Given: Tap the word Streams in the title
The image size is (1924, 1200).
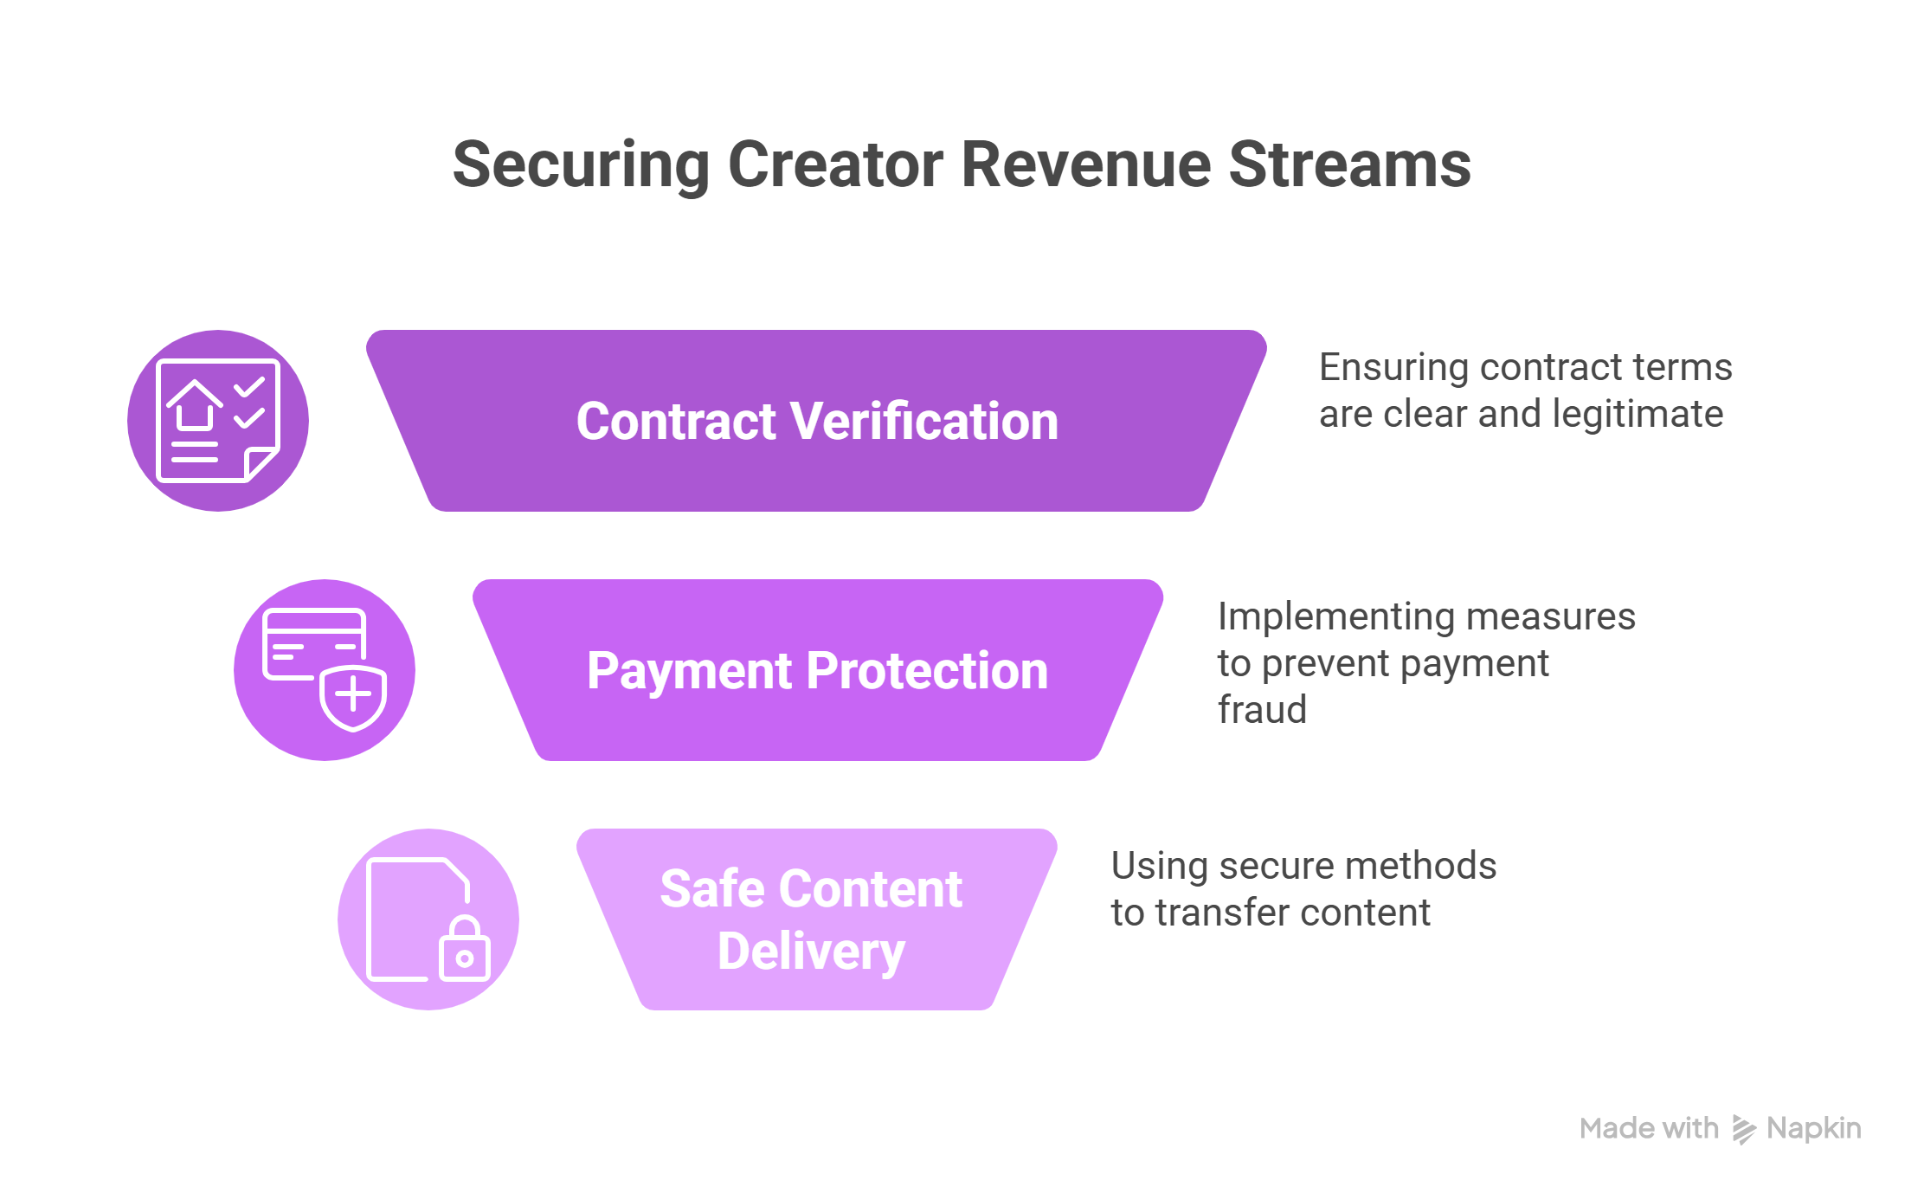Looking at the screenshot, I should coord(1349,165).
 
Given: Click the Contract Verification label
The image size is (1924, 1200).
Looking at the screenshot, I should coord(817,422).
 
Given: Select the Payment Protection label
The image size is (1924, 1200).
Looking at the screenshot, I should coord(817,671).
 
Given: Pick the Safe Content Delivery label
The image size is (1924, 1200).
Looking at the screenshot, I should coord(812,919).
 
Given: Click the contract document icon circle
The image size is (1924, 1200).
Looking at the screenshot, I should coord(218,421).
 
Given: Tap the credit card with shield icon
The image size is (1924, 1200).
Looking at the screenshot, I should coord(325,670).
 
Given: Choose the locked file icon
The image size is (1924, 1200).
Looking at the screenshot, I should coord(428,919).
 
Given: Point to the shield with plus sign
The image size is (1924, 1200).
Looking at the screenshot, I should coord(353,696).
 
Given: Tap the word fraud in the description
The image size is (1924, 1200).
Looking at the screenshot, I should coord(1262,710).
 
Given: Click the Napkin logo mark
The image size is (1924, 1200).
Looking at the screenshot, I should coord(1743,1129).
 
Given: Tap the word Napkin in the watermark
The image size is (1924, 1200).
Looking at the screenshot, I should coord(1814,1128).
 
